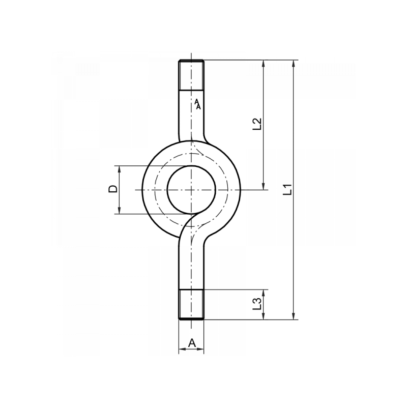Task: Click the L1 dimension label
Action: pyautogui.click(x=288, y=189)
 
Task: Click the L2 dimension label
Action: pyautogui.click(x=257, y=125)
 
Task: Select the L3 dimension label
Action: pyautogui.click(x=257, y=304)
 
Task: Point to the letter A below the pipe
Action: pyautogui.click(x=191, y=343)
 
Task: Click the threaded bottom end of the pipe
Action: pyautogui.click(x=191, y=304)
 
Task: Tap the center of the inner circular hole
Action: pyautogui.click(x=191, y=189)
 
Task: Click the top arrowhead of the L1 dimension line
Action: pyautogui.click(x=294, y=64)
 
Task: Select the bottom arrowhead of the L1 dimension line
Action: pyautogui.click(x=294, y=316)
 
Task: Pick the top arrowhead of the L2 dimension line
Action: pyautogui.click(x=264, y=64)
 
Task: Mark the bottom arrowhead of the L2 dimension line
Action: pyautogui.click(x=264, y=186)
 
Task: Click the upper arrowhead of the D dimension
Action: pyautogui.click(x=119, y=169)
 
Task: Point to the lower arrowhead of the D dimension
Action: pyautogui.click(x=119, y=211)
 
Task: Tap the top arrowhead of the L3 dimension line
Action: pyautogui.click(x=264, y=293)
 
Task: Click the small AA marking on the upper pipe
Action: pyautogui.click(x=198, y=104)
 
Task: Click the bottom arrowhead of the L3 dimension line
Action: pyautogui.click(x=264, y=316)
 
